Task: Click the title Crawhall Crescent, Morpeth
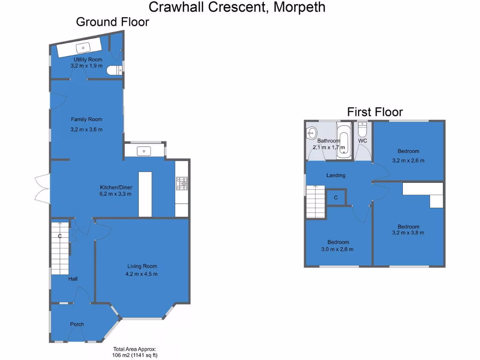237,7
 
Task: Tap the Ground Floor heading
112,22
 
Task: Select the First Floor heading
375,112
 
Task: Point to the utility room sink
85,48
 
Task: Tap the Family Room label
86,120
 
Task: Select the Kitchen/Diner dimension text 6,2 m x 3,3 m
115,194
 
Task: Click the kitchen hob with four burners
182,183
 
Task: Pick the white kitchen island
145,194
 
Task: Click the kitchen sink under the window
144,151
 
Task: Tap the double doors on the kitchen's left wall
41,188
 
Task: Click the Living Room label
142,266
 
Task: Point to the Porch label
77,324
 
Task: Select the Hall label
73,279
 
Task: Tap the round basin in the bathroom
311,133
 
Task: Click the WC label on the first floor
362,141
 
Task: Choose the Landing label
336,175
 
